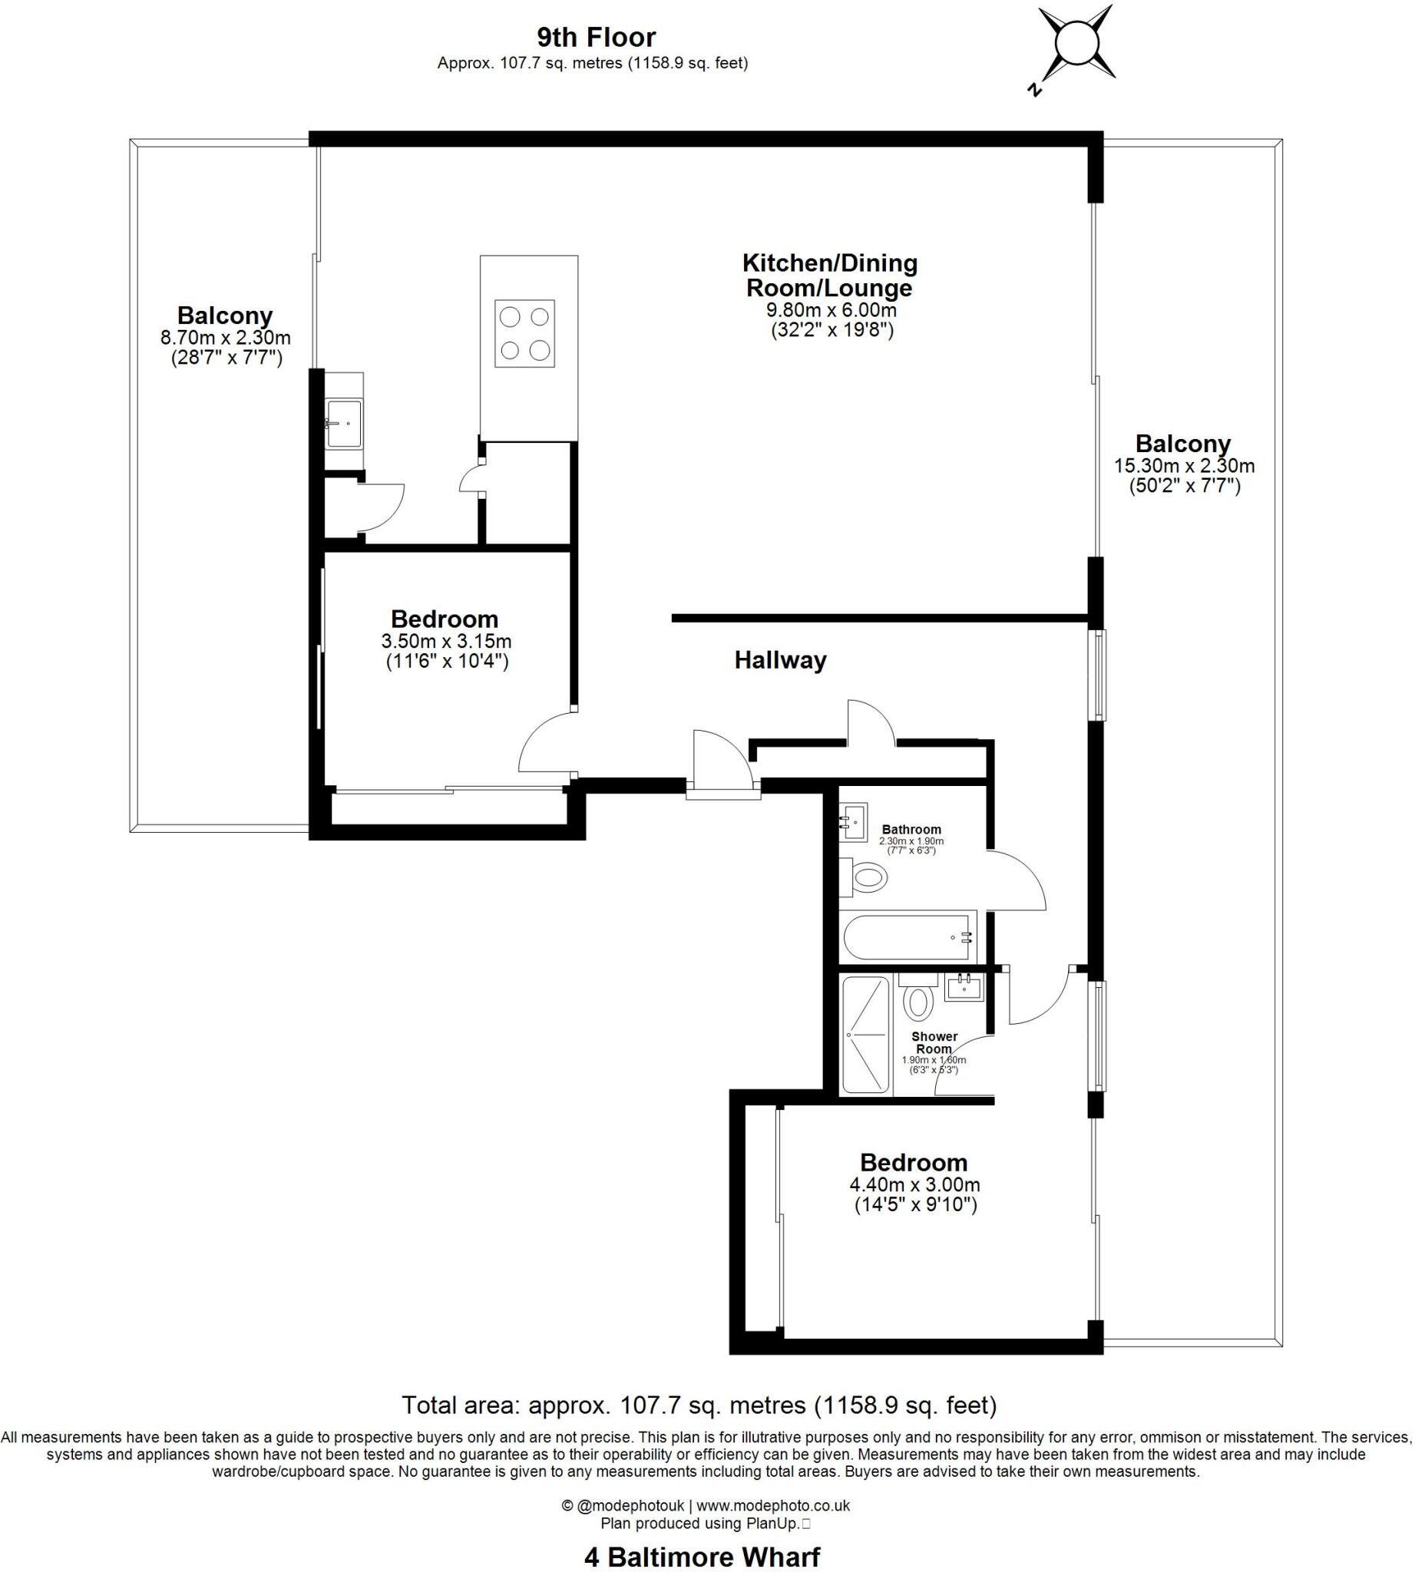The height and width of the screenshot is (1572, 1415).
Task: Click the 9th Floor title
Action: pos(596,37)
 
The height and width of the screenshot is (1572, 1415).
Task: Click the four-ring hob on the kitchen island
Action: pos(525,333)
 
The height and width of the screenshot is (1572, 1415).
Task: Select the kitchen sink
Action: pos(344,424)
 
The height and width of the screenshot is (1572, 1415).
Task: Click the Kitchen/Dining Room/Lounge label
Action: pos(829,276)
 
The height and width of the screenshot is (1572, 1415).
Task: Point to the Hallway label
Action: pos(780,660)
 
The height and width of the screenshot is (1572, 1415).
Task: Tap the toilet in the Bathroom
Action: pos(867,880)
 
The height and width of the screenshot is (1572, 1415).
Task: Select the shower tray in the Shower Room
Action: pos(865,1034)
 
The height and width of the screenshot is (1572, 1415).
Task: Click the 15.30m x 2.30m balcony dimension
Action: pos(1183,466)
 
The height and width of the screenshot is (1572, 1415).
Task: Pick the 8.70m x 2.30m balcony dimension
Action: pos(226,338)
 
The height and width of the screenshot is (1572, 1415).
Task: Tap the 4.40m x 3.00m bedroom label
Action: pos(914,1184)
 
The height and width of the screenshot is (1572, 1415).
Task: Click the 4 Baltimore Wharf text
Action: pos(702,1557)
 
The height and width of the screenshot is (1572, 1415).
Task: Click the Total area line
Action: pos(699,1404)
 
